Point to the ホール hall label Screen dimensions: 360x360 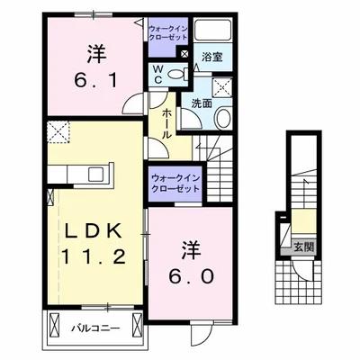[x=167, y=121]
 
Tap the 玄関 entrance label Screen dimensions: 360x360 [x=297, y=243]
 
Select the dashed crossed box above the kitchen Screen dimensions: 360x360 [x=59, y=132]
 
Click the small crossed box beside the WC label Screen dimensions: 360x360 [x=184, y=54]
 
